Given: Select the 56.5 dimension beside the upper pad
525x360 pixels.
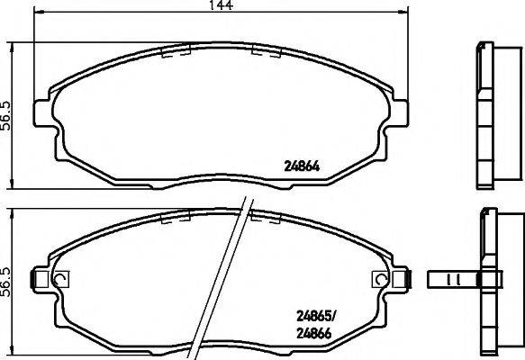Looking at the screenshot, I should pyautogui.click(x=6, y=115).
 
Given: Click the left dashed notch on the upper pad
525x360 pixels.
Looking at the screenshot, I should pyautogui.click(x=173, y=52).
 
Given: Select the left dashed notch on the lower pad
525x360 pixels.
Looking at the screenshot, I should pyautogui.click(x=173, y=217).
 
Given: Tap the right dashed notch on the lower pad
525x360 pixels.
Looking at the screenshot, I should pyautogui.click(x=267, y=217).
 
